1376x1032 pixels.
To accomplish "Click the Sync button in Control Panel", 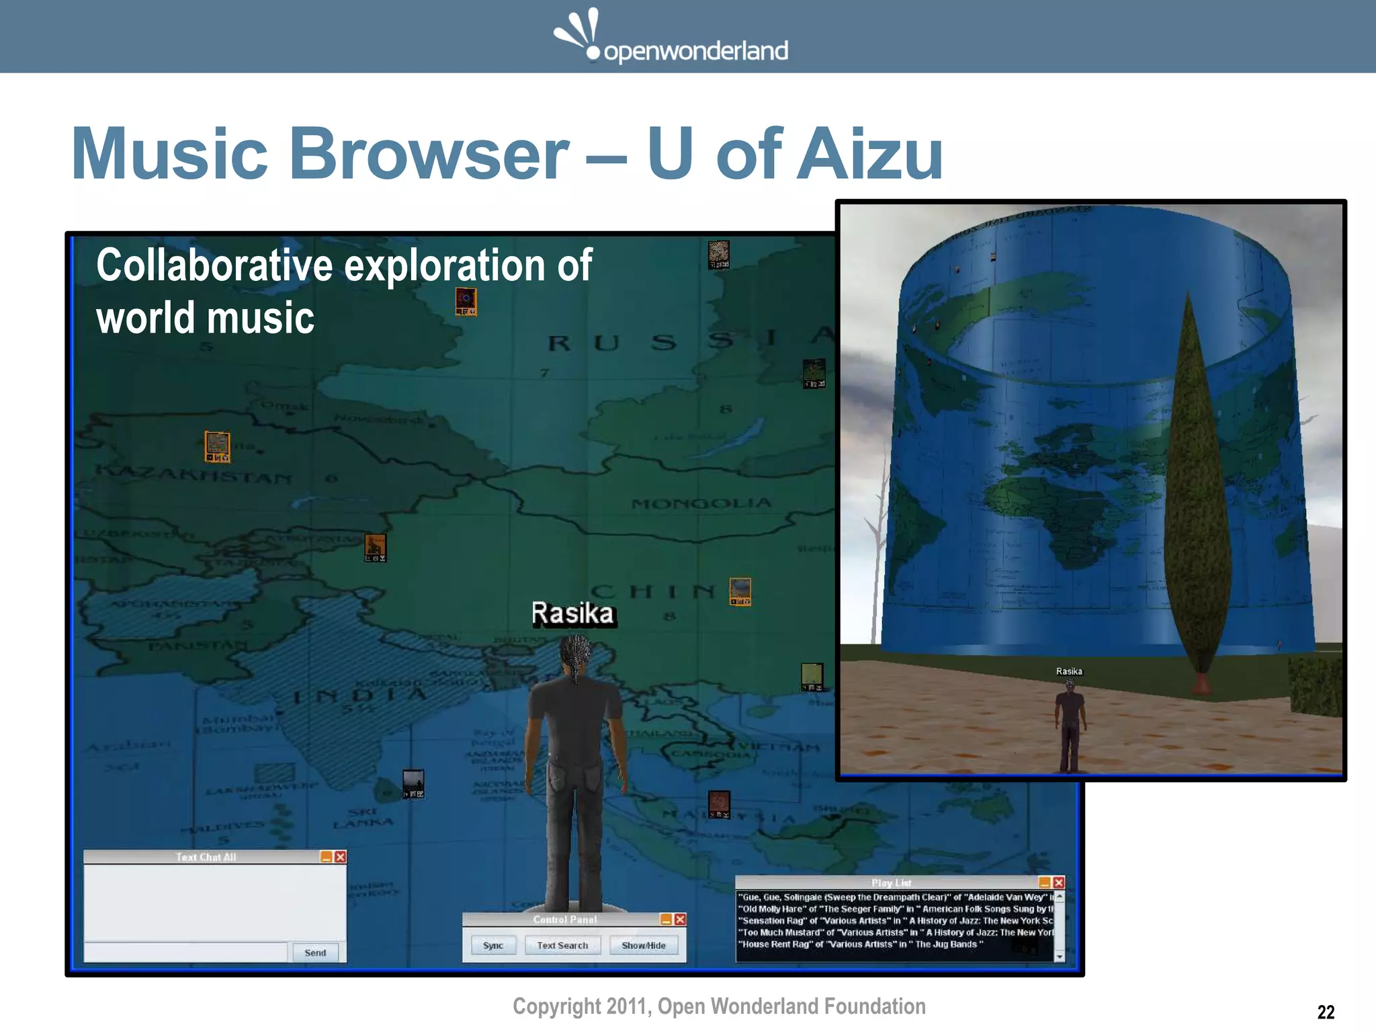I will [x=492, y=945].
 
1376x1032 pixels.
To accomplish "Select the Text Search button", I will [x=562, y=945].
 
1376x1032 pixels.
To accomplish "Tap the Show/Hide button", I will [x=643, y=945].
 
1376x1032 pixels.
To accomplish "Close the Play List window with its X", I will [x=1059, y=882].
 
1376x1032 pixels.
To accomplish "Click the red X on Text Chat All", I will [x=341, y=857].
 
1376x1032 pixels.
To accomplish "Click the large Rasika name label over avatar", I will [x=572, y=613].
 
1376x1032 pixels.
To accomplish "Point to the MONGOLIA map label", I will [x=701, y=503].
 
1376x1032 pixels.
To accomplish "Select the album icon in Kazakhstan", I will [x=217, y=447].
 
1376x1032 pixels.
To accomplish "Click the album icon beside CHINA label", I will [x=740, y=591].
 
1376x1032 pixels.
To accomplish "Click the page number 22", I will [x=1326, y=1012].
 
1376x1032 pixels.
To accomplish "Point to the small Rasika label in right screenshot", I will [x=1069, y=671].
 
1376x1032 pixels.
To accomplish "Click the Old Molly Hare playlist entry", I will [x=894, y=909].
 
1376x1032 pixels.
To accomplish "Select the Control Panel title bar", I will [x=564, y=919].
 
